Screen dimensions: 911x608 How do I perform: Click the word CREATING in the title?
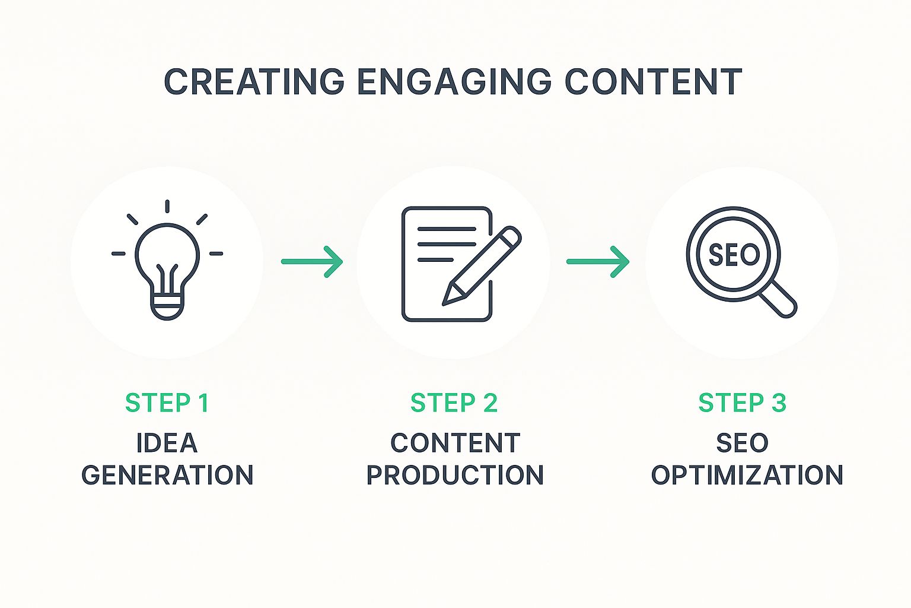[x=254, y=81]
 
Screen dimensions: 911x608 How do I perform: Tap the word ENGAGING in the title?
[x=454, y=81]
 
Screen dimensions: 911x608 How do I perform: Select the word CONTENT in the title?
[x=654, y=81]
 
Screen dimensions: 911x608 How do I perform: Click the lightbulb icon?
[x=167, y=260]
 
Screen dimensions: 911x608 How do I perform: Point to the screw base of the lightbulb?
[x=167, y=308]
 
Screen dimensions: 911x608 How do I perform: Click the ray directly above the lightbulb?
[x=167, y=206]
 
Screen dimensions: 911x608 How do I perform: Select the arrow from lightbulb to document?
[x=312, y=262]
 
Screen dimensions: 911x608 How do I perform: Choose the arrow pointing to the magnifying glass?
[x=598, y=262]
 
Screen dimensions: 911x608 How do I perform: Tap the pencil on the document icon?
[x=482, y=265]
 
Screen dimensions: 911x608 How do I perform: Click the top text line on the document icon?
[x=447, y=229]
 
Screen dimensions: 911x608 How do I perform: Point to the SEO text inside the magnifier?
[x=734, y=255]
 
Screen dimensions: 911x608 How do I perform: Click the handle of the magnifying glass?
[x=778, y=299]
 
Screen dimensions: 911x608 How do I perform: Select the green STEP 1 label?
[x=167, y=403]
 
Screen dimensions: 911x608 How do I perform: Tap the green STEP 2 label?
[x=454, y=403]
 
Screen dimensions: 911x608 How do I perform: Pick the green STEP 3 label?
[x=742, y=403]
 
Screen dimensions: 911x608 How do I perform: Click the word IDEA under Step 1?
[x=167, y=443]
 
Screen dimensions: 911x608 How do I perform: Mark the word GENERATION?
[x=167, y=475]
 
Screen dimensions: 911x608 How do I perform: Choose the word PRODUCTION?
[x=455, y=475]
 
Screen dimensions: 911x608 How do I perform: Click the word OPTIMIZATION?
[x=747, y=475]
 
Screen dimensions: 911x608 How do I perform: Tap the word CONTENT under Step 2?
[x=455, y=443]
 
